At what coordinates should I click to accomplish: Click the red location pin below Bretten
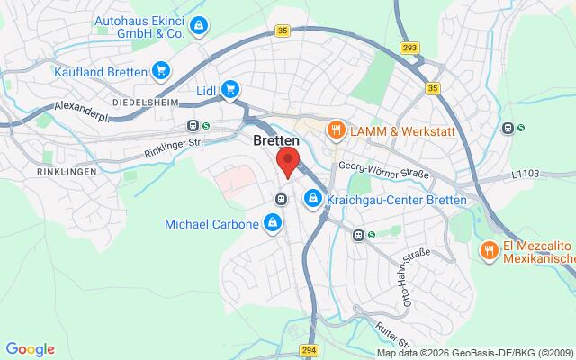287,162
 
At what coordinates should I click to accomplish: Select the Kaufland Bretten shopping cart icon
161,68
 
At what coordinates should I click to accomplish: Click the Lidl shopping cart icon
230,89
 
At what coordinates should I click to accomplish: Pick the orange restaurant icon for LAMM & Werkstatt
336,130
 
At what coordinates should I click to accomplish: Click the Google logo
30,349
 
